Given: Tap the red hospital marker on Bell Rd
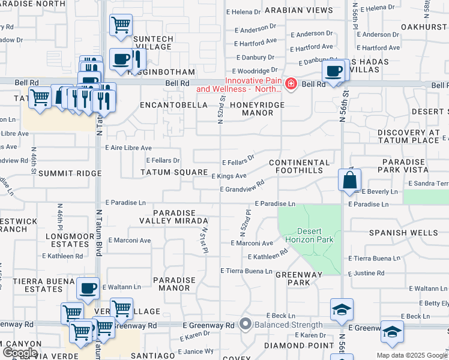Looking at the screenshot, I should (291, 83).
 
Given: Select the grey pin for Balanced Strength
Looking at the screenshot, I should (245, 324).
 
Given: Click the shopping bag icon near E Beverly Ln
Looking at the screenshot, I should (349, 179).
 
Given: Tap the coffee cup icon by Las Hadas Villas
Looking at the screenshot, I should (333, 70).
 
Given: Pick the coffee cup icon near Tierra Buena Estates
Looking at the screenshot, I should (88, 289).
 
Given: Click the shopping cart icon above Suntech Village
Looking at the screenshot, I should (121, 25).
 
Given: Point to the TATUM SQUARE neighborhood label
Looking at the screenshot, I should (173, 172).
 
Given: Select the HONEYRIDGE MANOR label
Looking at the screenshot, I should (255, 108).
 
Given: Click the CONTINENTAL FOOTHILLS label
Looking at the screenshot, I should (300, 166).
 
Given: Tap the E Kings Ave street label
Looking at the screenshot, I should (229, 176).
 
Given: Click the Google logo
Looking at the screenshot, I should (20, 352).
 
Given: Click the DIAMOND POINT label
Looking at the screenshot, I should (294, 345).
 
